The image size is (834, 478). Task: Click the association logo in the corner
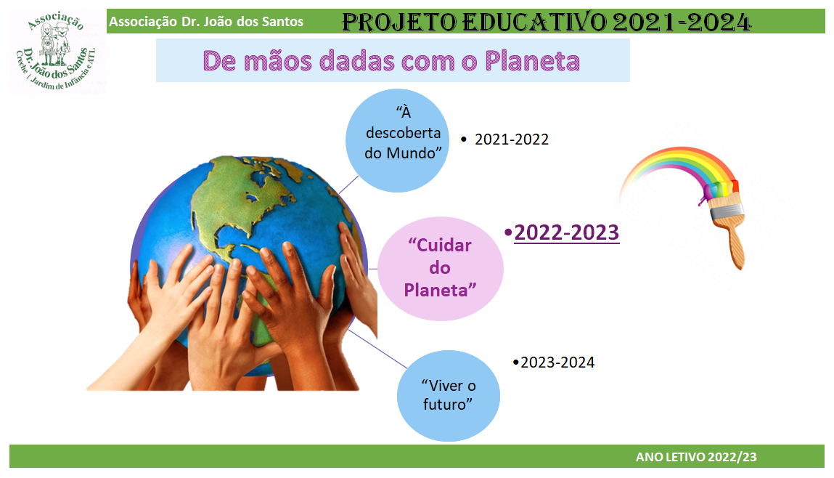(x=57, y=52)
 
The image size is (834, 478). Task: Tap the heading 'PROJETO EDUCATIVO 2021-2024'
(x=547, y=23)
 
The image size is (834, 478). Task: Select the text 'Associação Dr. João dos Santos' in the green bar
(x=206, y=22)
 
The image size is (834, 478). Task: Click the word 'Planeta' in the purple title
(x=532, y=61)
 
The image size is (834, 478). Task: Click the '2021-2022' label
(x=511, y=139)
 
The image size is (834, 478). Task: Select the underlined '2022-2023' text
(x=566, y=232)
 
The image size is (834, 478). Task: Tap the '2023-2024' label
(x=557, y=362)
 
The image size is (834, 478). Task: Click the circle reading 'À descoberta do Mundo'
(x=397, y=140)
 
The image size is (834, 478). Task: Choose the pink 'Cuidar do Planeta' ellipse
(x=441, y=268)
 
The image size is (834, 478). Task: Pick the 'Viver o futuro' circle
(x=449, y=395)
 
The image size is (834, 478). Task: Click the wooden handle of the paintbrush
(x=735, y=244)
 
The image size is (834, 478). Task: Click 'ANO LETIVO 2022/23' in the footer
(x=695, y=457)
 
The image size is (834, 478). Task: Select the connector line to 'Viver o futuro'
(x=377, y=349)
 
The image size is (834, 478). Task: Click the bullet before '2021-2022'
(x=464, y=139)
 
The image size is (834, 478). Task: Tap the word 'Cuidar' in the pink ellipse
(x=439, y=246)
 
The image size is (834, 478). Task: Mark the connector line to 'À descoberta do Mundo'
(x=348, y=185)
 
